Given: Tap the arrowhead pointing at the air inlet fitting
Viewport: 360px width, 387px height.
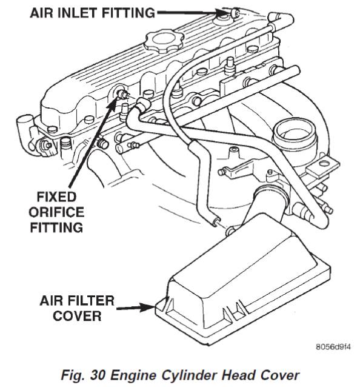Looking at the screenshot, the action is [223, 12].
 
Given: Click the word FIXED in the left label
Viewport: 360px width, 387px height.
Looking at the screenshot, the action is [56, 197].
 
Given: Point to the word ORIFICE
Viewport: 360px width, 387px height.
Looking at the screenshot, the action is [56, 212].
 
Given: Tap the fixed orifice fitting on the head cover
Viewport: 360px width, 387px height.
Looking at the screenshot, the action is [122, 94].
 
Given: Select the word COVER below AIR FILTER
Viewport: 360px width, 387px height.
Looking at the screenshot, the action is [77, 316].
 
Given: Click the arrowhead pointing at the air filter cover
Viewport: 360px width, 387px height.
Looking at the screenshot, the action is [147, 308].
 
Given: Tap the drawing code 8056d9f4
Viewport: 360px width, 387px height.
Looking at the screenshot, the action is [333, 347].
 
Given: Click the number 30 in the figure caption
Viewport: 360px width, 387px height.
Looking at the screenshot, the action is [98, 375].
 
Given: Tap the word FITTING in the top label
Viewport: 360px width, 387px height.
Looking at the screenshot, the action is [128, 12].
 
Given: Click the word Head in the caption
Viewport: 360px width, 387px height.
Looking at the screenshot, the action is [239, 375].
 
